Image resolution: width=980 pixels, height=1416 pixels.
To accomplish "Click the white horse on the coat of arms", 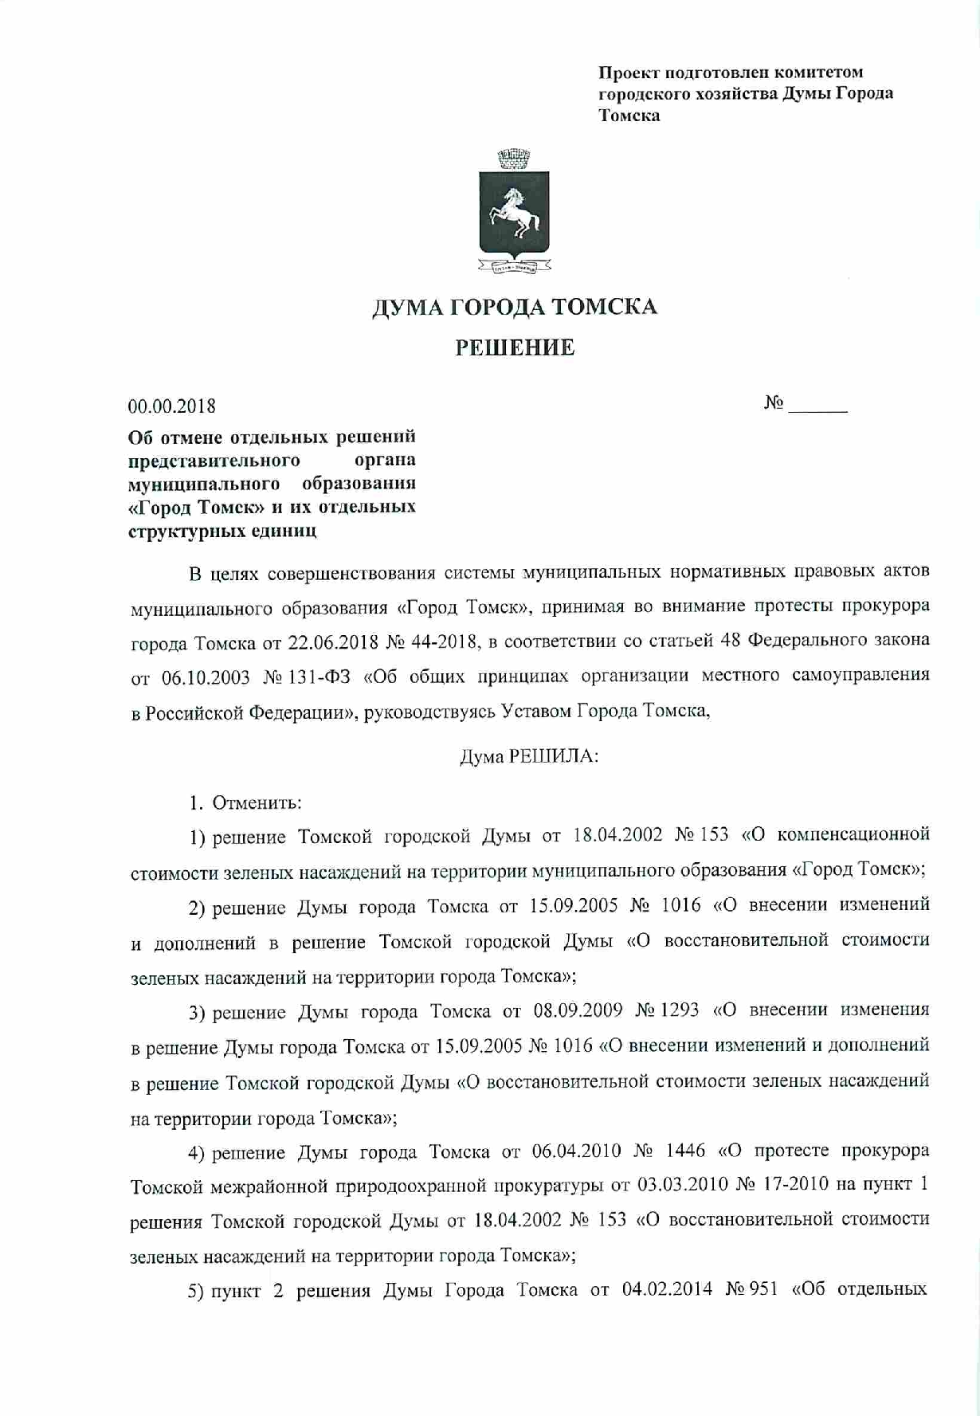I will coord(514,210).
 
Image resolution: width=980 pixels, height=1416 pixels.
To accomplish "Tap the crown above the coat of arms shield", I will coord(514,158).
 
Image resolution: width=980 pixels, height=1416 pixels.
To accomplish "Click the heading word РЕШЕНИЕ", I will coord(515,348).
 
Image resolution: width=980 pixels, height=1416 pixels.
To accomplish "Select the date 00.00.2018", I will coord(172,406).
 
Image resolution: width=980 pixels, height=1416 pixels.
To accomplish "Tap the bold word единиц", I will coord(284,531).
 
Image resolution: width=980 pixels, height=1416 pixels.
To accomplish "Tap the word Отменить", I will coord(257,802).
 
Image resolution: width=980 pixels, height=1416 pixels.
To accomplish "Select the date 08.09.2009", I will coord(578,1011).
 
